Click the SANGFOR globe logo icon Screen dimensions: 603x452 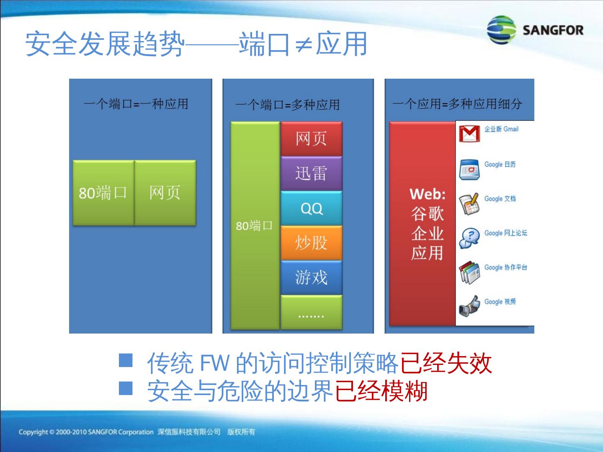(x=501, y=30)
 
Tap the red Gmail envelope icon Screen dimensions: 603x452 (x=469, y=134)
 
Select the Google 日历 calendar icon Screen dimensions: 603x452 (x=469, y=169)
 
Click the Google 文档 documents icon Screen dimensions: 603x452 (x=469, y=204)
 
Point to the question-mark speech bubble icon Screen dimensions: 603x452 (x=469, y=238)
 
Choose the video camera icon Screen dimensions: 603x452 (x=469, y=306)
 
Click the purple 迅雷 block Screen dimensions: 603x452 (x=311, y=173)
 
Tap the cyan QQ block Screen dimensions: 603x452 (x=311, y=208)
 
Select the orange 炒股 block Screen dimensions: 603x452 (x=311, y=243)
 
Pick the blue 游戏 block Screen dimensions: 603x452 (x=311, y=277)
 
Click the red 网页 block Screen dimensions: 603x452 (x=311, y=139)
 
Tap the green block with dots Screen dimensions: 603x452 (x=311, y=312)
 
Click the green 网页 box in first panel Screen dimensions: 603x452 (x=165, y=193)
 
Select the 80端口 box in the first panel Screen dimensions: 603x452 (x=103, y=193)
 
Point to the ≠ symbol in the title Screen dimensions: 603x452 (x=304, y=45)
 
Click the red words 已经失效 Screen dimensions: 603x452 (x=446, y=363)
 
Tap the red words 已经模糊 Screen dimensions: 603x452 (x=381, y=391)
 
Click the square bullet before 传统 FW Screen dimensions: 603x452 (x=126, y=360)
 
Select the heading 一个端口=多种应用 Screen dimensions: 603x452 (x=287, y=105)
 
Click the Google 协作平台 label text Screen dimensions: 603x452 (x=505, y=267)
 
